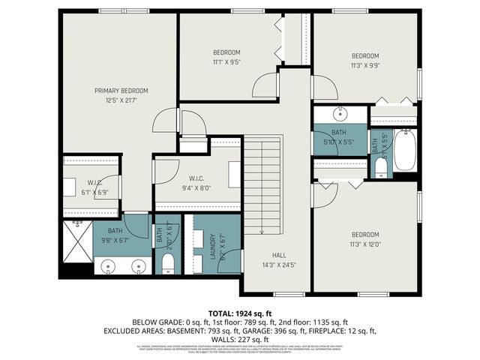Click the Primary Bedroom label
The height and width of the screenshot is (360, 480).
[121, 91]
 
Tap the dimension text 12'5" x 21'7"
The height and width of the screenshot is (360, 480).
[121, 100]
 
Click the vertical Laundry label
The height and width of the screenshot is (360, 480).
[213, 247]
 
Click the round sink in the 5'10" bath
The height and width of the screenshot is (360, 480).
[339, 115]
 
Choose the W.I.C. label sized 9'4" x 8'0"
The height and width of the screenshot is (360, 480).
[197, 178]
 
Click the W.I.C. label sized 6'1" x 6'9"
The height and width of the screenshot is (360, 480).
[94, 182]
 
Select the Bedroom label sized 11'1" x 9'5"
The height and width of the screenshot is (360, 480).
[226, 52]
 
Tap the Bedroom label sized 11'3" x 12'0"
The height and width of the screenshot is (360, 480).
[365, 234]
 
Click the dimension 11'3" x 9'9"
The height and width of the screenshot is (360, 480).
[365, 64]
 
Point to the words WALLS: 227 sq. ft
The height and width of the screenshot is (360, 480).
[239, 338]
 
